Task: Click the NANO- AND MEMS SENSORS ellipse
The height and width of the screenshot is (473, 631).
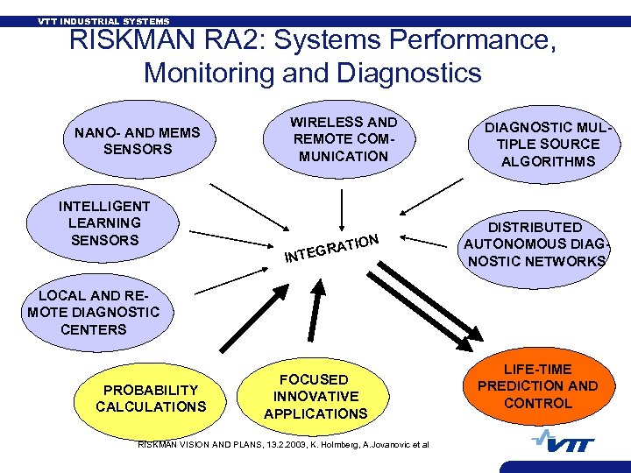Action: click(138, 140)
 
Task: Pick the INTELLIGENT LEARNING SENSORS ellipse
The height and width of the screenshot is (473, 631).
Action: click(104, 222)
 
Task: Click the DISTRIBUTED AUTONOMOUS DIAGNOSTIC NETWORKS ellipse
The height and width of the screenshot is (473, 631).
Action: click(535, 244)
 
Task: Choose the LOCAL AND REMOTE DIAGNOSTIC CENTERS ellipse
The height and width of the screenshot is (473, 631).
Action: click(94, 312)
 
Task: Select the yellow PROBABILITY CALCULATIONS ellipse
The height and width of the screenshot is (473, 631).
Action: click(151, 398)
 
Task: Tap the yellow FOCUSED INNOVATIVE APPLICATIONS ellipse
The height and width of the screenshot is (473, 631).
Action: click(315, 396)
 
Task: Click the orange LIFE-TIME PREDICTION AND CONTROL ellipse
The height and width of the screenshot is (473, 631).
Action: click(537, 385)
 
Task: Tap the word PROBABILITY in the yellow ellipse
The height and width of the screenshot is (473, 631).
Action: click(151, 390)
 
